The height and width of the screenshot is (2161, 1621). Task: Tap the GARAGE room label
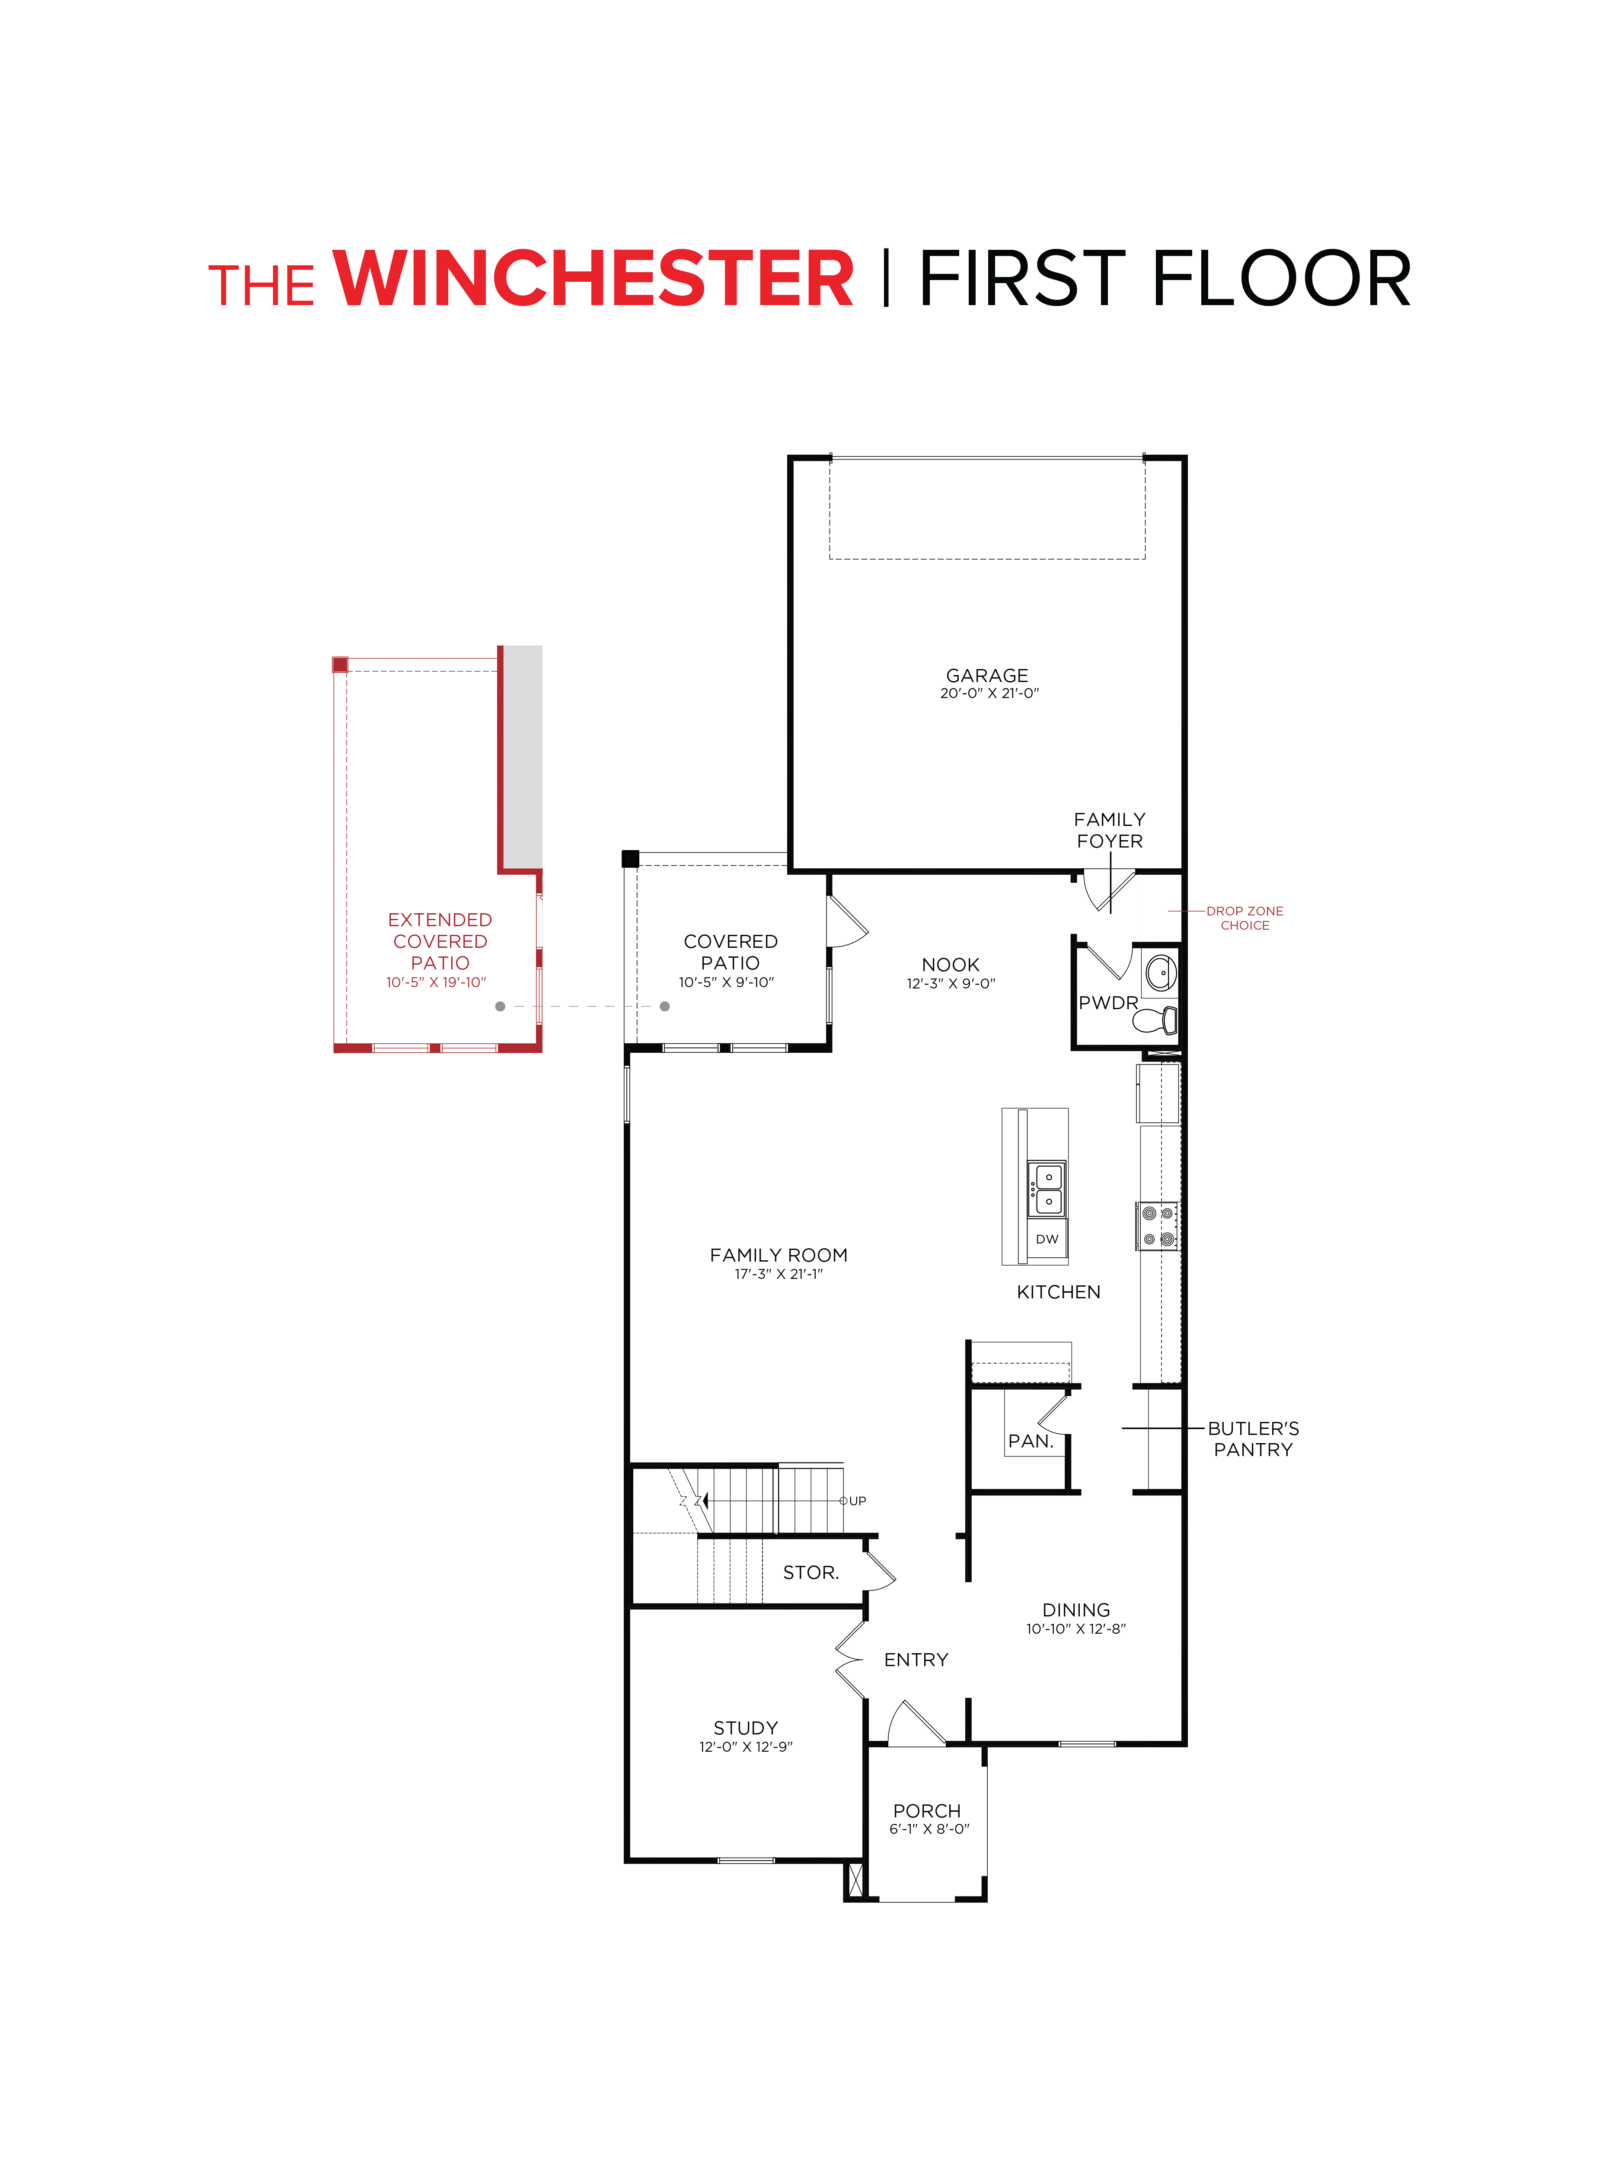[987, 675]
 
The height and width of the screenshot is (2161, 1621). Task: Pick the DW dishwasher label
[1047, 1239]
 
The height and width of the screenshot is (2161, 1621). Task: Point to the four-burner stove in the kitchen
[1158, 1226]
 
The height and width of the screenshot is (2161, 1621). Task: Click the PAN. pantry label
[1030, 1441]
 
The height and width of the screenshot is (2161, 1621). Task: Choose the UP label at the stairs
[857, 1501]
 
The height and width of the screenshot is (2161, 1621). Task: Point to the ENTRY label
[916, 1660]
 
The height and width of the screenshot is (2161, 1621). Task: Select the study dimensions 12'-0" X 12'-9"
[746, 1747]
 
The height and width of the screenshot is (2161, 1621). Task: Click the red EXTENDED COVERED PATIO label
[440, 941]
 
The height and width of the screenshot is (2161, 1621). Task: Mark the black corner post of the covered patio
[630, 859]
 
